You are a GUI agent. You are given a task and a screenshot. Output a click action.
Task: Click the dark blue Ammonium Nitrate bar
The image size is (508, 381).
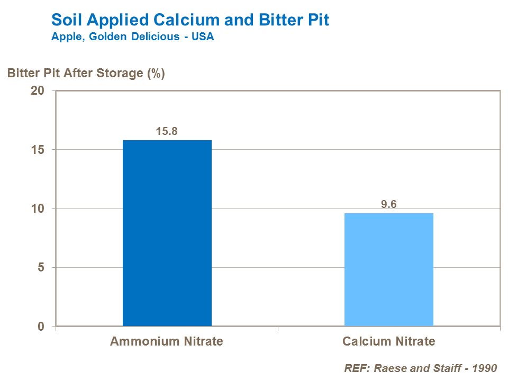click(x=167, y=233)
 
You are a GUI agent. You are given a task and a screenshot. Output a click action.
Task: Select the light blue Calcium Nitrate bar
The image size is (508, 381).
click(x=388, y=269)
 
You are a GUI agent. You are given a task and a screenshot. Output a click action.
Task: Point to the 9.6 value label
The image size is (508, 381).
click(x=389, y=204)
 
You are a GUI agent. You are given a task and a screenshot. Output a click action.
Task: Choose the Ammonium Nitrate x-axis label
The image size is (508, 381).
click(x=167, y=341)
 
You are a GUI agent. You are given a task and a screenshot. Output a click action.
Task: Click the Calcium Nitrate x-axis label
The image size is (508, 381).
click(x=388, y=341)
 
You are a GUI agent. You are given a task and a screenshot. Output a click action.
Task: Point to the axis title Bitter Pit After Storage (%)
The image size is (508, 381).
click(x=86, y=73)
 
